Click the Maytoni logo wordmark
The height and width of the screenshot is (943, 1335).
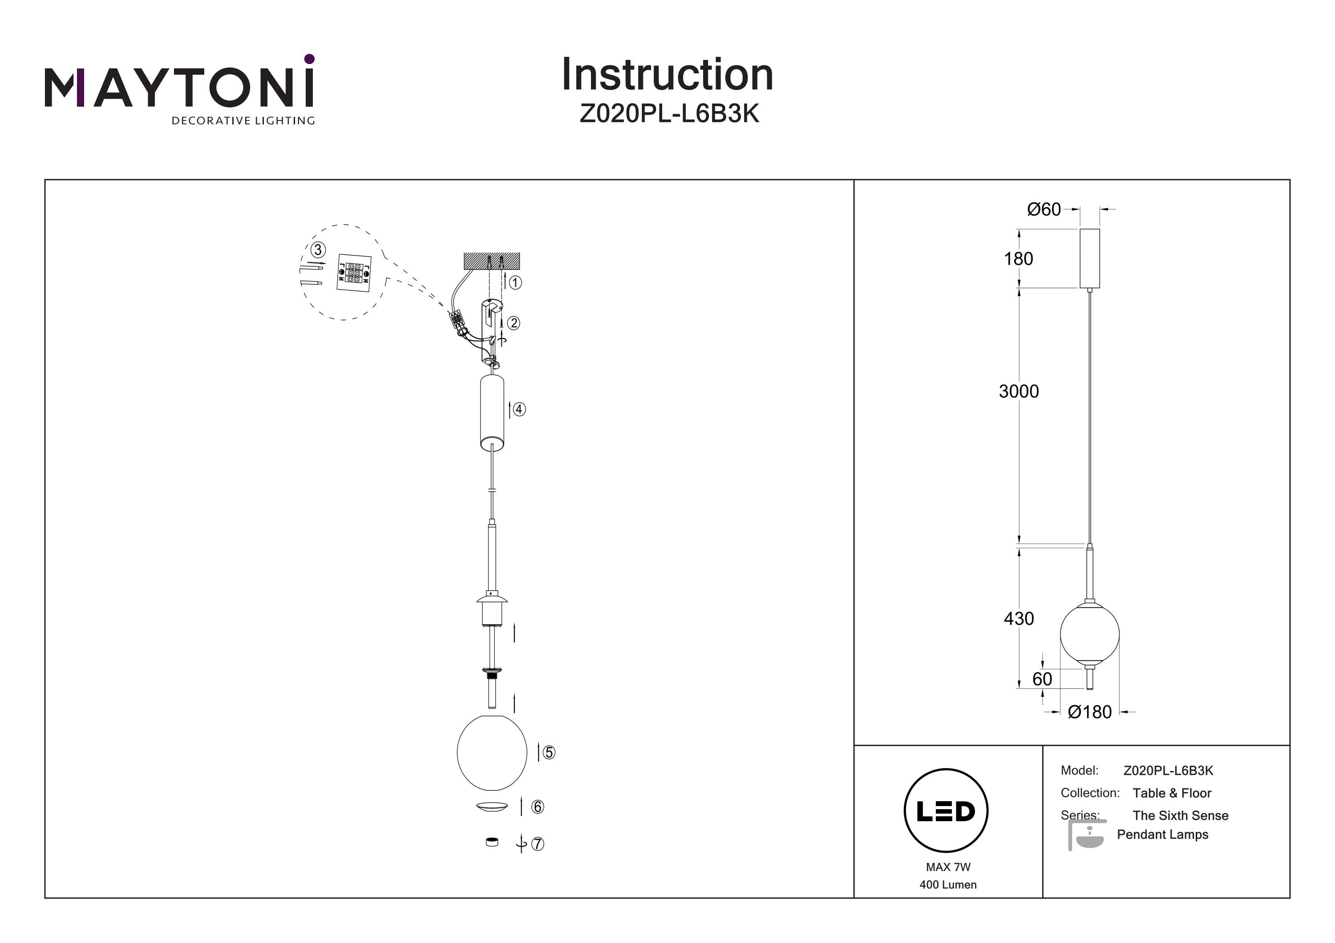[179, 88]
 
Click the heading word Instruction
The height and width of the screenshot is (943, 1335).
[667, 75]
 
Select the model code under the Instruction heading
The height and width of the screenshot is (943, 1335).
[669, 114]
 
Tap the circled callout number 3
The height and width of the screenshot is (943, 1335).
[317, 250]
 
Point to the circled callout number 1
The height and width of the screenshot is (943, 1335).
[515, 283]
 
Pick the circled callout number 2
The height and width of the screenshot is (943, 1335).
[514, 323]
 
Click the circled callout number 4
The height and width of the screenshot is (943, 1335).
[519, 409]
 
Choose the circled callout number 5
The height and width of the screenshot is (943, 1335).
[549, 752]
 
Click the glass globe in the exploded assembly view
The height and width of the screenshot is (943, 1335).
[492, 752]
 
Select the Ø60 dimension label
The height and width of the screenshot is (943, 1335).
[1044, 209]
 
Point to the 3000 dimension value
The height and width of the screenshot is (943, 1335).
[1019, 392]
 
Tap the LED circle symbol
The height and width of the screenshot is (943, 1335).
[946, 811]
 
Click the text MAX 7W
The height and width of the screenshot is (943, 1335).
[948, 867]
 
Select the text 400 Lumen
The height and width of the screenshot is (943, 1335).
[948, 885]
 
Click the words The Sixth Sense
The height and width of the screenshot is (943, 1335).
[1180, 816]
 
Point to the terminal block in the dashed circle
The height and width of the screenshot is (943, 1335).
[353, 272]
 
